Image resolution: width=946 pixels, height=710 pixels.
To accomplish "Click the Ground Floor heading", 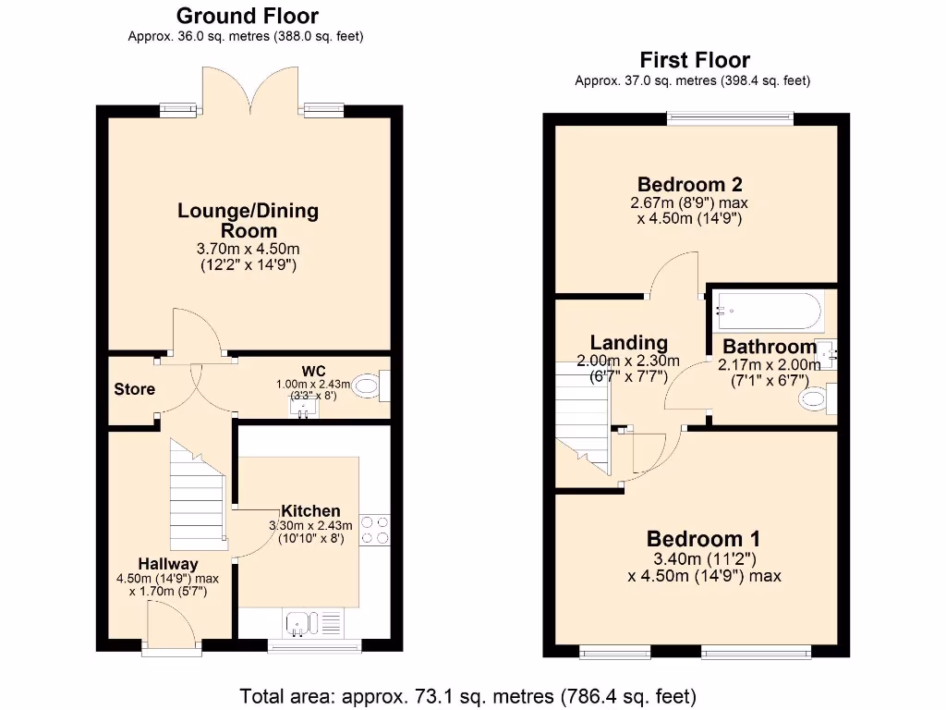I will coord(247,16).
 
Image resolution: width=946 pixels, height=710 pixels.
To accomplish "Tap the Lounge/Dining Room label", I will coord(248,220).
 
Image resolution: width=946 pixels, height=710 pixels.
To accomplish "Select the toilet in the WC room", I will coord(373,386).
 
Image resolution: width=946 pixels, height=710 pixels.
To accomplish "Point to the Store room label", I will coord(134,389).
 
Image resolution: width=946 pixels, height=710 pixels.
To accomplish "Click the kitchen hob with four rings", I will coord(375,530).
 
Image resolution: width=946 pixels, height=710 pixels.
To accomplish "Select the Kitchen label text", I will coord(310,511).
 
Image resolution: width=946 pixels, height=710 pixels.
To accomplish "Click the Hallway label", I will coord(168,564).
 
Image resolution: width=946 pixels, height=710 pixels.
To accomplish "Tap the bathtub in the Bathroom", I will coord(766,312).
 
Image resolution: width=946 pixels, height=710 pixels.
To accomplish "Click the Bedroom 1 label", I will coord(703,539).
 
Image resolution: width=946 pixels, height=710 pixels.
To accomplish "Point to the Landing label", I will coord(629,343).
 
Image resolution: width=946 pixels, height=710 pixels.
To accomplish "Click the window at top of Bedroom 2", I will coord(731,117).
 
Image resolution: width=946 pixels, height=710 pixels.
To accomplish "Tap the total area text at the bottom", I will coord(467,695).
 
